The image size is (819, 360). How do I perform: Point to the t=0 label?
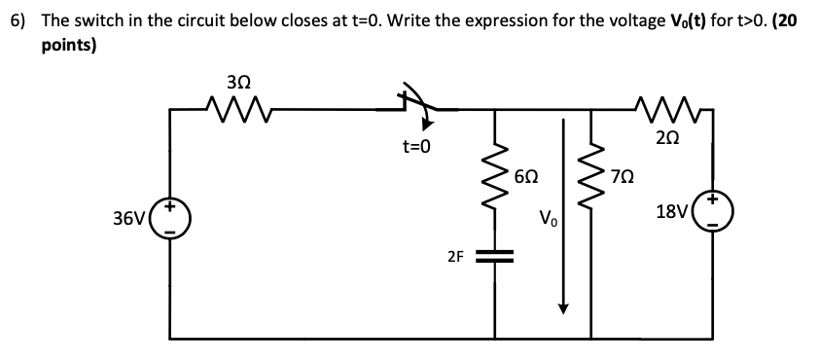tap(415, 147)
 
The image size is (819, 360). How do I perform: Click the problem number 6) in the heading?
tap(18, 21)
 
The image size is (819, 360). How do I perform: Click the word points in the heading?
tap(66, 46)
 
